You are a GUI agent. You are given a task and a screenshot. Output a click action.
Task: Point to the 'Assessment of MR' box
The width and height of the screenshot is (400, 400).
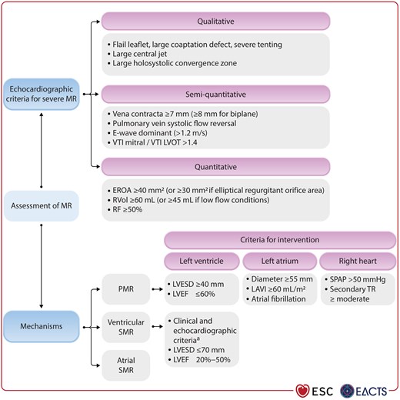(45, 205)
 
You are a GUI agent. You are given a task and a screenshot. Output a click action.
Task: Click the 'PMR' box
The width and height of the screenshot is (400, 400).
(126, 291)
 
